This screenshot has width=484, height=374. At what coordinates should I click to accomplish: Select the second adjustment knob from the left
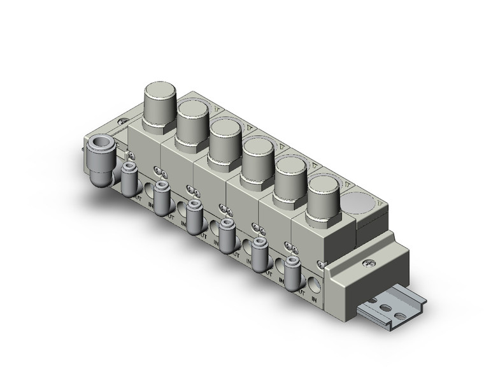coord(192,119)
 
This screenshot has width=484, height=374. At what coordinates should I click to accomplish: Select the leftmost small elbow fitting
coord(129,178)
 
